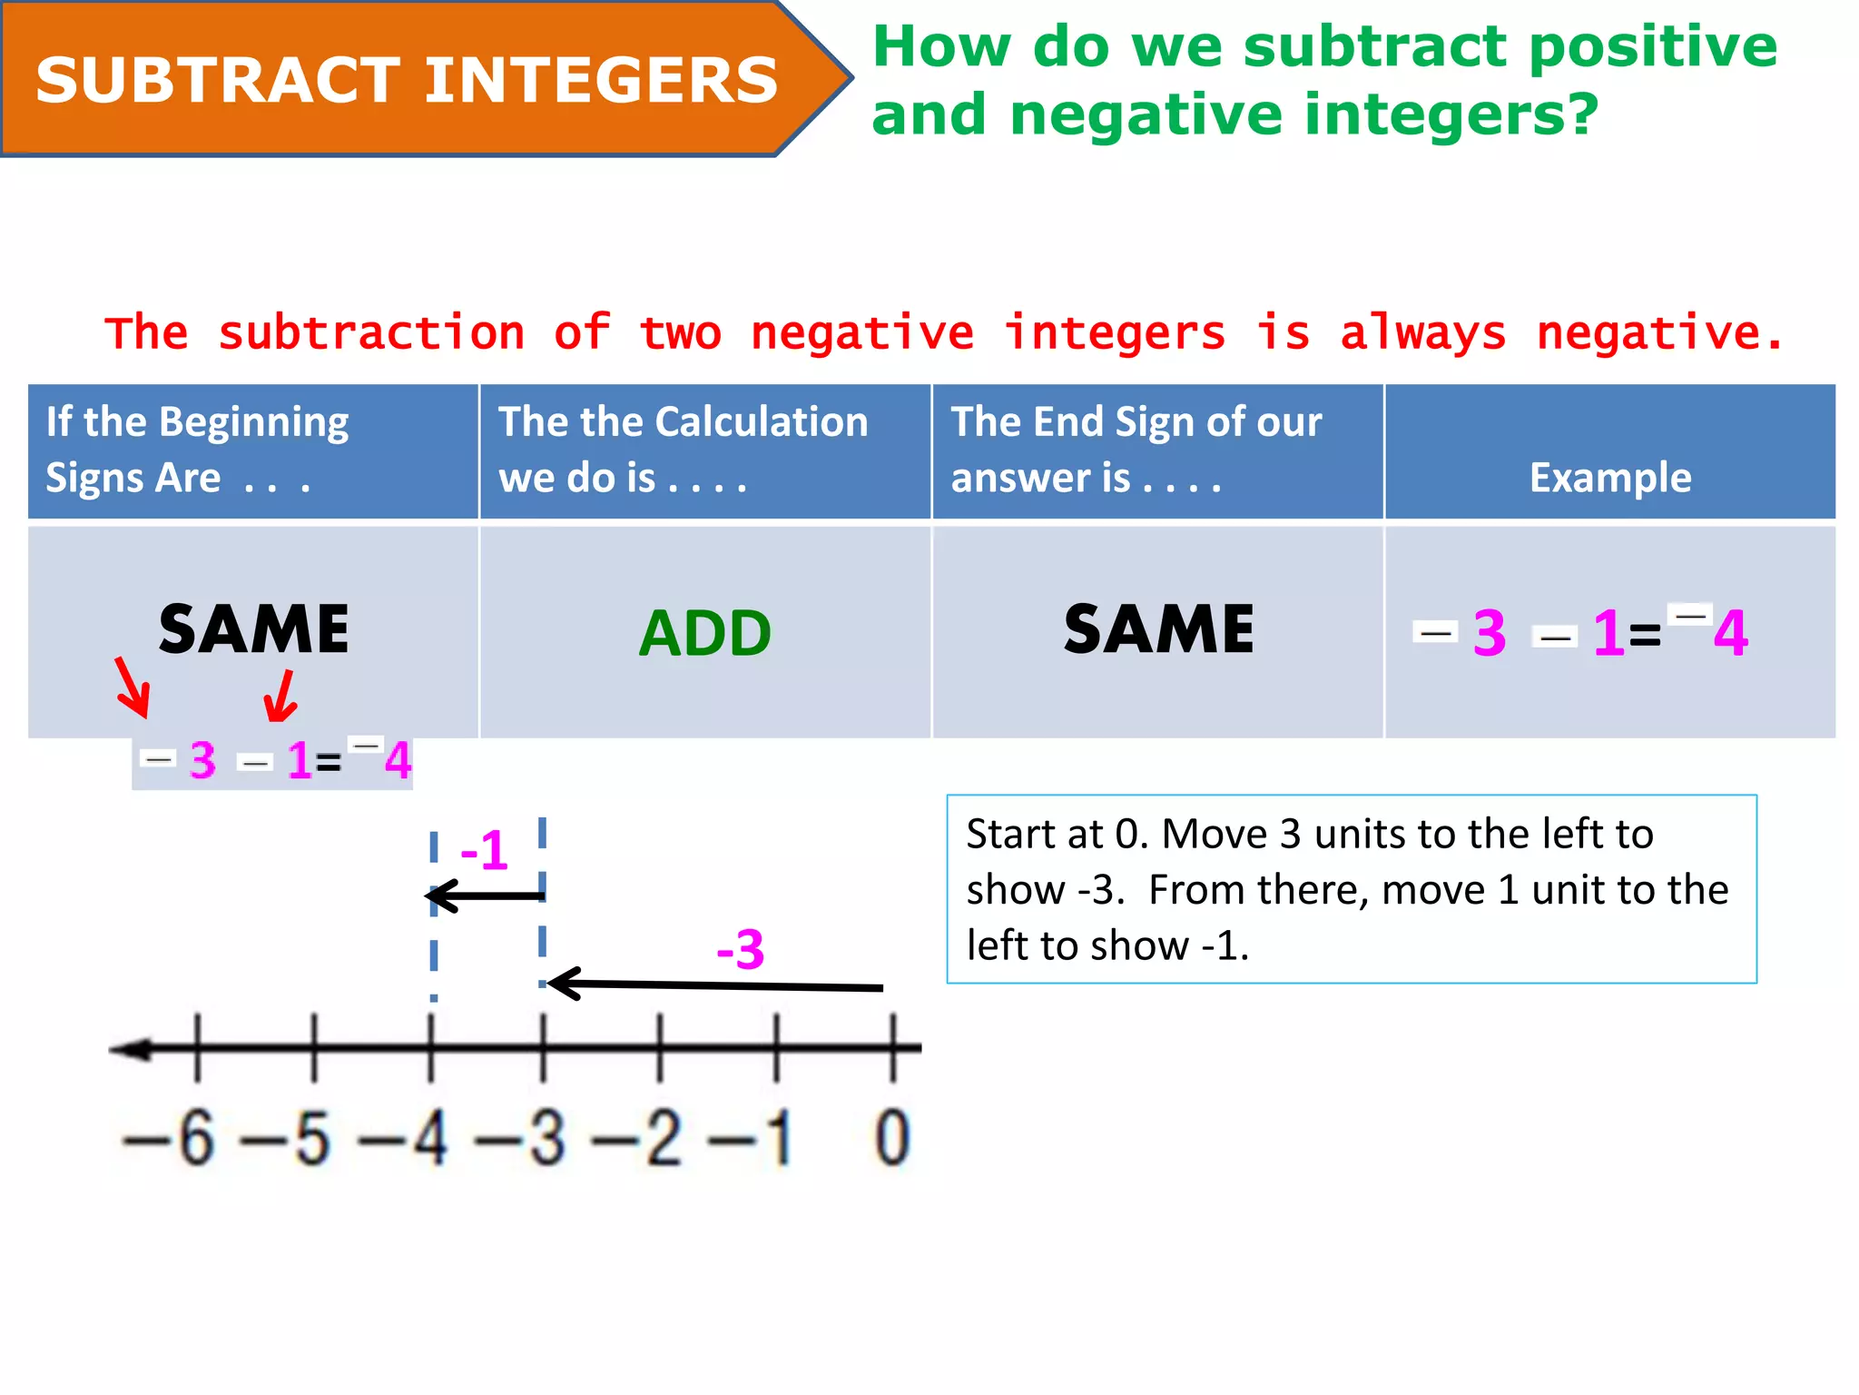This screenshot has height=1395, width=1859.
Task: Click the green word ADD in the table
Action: [705, 633]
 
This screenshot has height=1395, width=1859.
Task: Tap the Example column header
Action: [1609, 478]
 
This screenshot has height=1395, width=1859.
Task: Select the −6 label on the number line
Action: [171, 1137]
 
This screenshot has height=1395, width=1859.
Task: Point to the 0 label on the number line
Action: [891, 1137]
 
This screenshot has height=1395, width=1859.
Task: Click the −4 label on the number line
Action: [404, 1137]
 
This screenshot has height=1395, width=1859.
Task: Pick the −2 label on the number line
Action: [637, 1137]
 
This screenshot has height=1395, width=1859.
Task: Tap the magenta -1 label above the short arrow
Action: [484, 851]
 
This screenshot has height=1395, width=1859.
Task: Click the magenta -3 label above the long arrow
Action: [741, 950]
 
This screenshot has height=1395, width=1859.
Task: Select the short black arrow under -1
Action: [486, 896]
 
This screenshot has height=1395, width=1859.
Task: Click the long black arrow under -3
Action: [717, 985]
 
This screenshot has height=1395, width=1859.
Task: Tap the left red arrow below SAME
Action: [133, 688]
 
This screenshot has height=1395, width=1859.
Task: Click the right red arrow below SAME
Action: [280, 697]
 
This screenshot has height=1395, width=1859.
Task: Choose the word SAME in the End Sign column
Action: [1158, 629]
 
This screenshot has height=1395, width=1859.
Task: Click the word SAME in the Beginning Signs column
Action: [253, 629]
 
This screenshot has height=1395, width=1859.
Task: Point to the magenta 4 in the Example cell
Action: [1730, 633]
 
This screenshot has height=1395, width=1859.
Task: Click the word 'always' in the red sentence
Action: [1422, 333]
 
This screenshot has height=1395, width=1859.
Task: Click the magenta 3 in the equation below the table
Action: [202, 760]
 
